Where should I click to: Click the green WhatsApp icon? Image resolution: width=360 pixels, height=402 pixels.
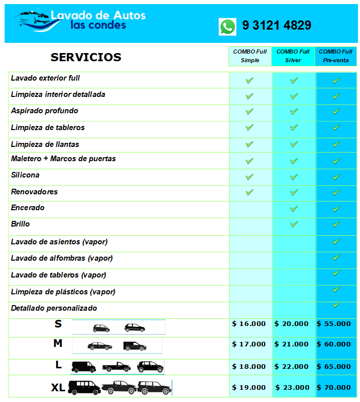[x=227, y=27]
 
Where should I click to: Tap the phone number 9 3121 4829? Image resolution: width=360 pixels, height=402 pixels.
[x=276, y=26]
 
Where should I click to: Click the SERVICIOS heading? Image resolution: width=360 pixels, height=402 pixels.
[x=86, y=57]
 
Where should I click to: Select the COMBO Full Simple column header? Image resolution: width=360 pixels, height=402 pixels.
[x=250, y=56]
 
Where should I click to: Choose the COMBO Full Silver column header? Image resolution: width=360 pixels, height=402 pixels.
[x=293, y=56]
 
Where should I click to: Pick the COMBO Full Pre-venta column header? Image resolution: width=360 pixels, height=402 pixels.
[x=336, y=56]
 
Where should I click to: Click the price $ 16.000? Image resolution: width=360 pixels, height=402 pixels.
[x=249, y=323]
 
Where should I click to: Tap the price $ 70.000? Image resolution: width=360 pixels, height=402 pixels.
[x=334, y=387]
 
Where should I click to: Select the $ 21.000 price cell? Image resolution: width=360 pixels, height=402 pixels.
[x=292, y=344]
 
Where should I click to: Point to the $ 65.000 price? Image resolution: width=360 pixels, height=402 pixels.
[x=334, y=366]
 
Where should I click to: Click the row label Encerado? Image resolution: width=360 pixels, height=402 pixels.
[x=28, y=208]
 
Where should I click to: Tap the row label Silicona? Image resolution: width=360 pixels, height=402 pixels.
[x=25, y=175]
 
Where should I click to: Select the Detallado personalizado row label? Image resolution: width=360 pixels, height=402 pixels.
[x=54, y=308]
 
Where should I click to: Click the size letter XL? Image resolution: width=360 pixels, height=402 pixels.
[x=58, y=388]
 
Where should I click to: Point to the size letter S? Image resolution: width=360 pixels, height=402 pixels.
[x=58, y=323]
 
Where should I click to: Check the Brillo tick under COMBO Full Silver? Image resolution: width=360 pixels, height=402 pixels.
[x=294, y=224]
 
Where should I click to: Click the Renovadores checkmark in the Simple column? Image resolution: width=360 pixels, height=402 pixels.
[x=249, y=192]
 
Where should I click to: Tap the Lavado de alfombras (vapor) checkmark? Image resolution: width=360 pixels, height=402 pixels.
[x=336, y=257]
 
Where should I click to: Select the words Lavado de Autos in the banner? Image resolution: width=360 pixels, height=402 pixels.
[x=98, y=15]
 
